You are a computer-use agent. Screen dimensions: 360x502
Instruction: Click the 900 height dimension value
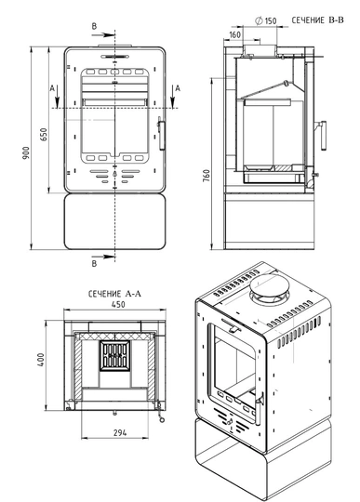point(26,153)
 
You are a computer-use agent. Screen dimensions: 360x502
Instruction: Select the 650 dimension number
point(44,135)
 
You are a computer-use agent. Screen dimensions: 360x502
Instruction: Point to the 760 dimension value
point(207,176)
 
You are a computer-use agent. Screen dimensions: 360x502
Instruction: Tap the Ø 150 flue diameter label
point(265,21)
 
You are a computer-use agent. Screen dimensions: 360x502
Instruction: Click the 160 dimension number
point(235,34)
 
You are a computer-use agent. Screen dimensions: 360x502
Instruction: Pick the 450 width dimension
point(118,305)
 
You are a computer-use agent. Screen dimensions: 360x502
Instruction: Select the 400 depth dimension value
point(41,360)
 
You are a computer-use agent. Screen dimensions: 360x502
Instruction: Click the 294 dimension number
point(120,433)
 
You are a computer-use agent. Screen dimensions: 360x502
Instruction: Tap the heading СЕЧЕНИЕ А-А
point(114,294)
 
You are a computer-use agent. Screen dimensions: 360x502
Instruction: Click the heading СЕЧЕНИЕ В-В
point(317,20)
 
